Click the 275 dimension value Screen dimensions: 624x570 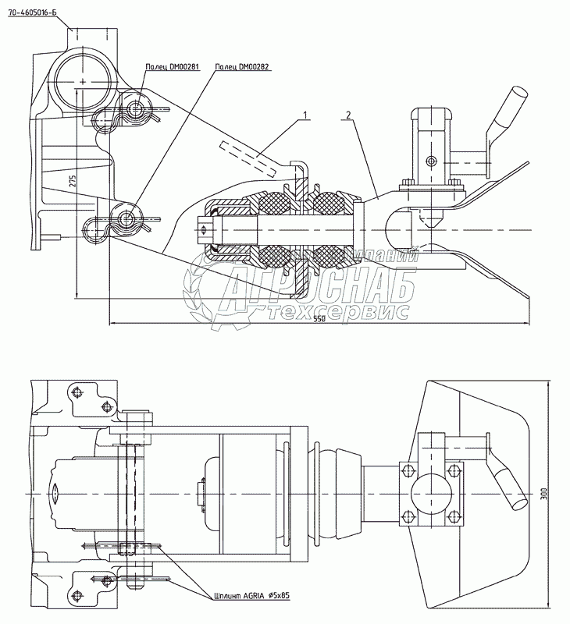(x=72, y=182)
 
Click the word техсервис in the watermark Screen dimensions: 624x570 (x=337, y=311)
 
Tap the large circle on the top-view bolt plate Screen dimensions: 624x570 (x=428, y=493)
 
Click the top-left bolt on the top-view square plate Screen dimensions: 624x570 (x=406, y=470)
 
